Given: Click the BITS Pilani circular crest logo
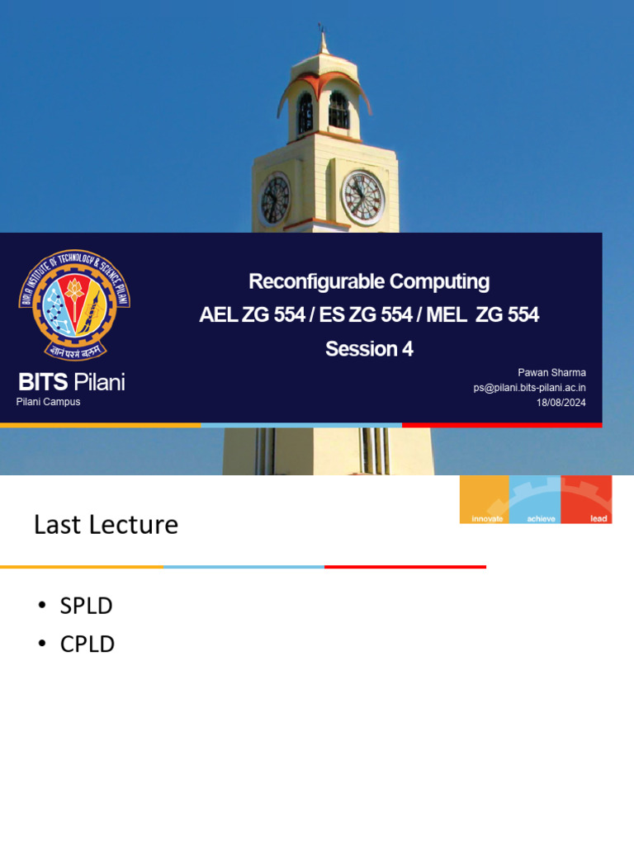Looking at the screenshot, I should click(x=74, y=304).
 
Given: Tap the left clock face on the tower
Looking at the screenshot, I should click(x=275, y=200).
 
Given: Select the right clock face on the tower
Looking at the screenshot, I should click(x=363, y=198).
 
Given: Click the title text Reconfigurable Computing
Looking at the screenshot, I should click(x=369, y=281).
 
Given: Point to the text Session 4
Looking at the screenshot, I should click(x=369, y=349).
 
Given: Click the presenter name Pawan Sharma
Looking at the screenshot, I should click(x=551, y=373).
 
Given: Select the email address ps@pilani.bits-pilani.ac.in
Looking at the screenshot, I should click(x=529, y=388).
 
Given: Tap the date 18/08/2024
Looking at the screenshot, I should click(x=561, y=403).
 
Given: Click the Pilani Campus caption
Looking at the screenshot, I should click(x=49, y=402).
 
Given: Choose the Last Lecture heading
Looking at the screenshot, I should click(x=106, y=525).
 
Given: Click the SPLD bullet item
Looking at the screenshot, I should click(x=86, y=606).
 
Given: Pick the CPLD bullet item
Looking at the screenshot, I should click(x=87, y=644).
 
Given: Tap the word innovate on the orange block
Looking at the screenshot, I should click(x=487, y=518).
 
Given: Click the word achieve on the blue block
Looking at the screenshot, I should click(x=541, y=518).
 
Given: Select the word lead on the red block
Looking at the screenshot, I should click(x=599, y=518).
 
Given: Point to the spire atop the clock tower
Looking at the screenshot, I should click(x=323, y=41).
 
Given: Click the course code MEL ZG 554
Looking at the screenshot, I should click(x=483, y=314).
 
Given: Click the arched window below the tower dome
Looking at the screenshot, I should click(x=338, y=111).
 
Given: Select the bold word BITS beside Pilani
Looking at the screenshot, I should click(x=45, y=382).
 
